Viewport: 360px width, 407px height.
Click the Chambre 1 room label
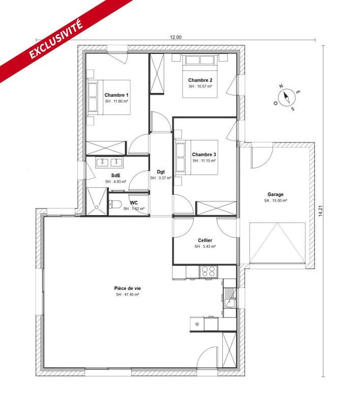click(x=116, y=95)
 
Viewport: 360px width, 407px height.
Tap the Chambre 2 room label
click(x=200, y=80)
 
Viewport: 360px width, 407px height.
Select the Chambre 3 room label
click(x=204, y=154)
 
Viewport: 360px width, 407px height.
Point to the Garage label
click(x=276, y=194)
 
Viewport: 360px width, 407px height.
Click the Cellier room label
click(x=205, y=240)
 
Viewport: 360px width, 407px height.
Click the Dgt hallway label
click(x=161, y=171)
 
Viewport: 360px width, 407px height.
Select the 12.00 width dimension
click(x=175, y=37)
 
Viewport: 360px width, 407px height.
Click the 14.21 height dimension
click(x=320, y=211)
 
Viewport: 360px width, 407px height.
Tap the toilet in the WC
click(x=115, y=206)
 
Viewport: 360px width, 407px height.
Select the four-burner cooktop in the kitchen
click(x=208, y=271)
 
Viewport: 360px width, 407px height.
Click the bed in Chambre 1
click(x=108, y=97)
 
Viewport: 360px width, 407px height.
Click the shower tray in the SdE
click(x=97, y=201)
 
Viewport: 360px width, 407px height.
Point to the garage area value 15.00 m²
click(x=276, y=201)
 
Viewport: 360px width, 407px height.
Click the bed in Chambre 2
click(x=200, y=76)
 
